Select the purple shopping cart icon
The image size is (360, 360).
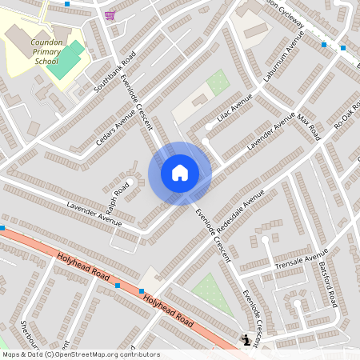pos(110,15)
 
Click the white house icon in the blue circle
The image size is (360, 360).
pos(180,173)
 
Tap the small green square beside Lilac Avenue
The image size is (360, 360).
pos(218,82)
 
